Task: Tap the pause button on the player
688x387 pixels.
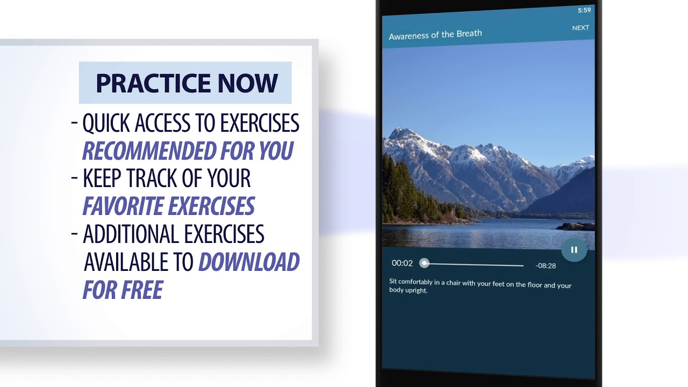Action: [574, 250]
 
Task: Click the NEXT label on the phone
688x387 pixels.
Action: [580, 28]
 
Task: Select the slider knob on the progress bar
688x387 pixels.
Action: [425, 263]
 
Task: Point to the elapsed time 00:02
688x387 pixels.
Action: [402, 263]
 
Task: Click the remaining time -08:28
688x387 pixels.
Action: [546, 266]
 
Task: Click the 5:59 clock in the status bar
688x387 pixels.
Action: [584, 10]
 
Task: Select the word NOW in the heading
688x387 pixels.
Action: [248, 83]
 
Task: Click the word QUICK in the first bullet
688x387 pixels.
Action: [106, 124]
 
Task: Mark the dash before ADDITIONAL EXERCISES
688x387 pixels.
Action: [75, 234]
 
